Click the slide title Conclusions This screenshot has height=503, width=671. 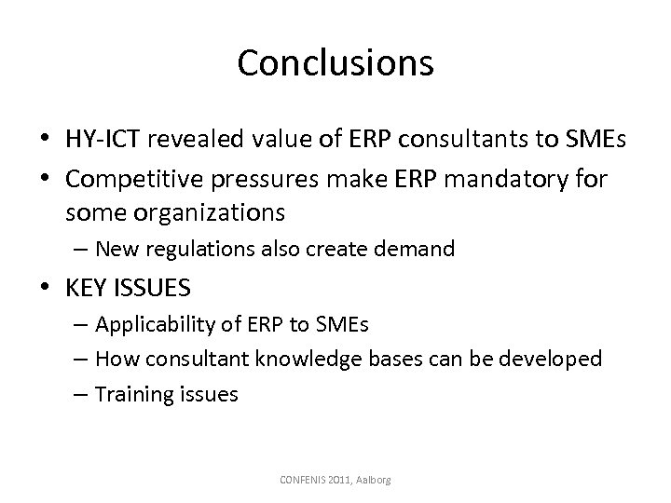pyautogui.click(x=335, y=62)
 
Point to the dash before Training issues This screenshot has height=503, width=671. pyautogui.click(x=81, y=393)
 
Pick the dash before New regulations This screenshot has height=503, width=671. pyautogui.click(x=81, y=249)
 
